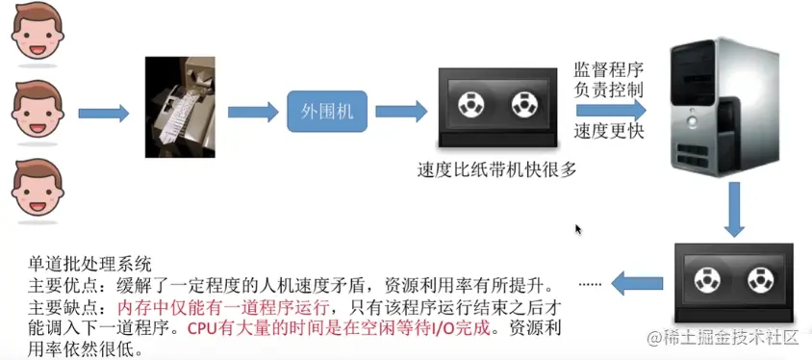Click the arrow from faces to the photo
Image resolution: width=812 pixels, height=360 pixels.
click(103, 114)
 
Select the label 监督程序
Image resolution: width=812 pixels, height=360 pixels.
click(609, 69)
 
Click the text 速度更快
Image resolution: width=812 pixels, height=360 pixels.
click(609, 130)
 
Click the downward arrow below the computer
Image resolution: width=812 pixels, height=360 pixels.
click(734, 209)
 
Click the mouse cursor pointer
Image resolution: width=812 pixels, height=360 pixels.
click(578, 230)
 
